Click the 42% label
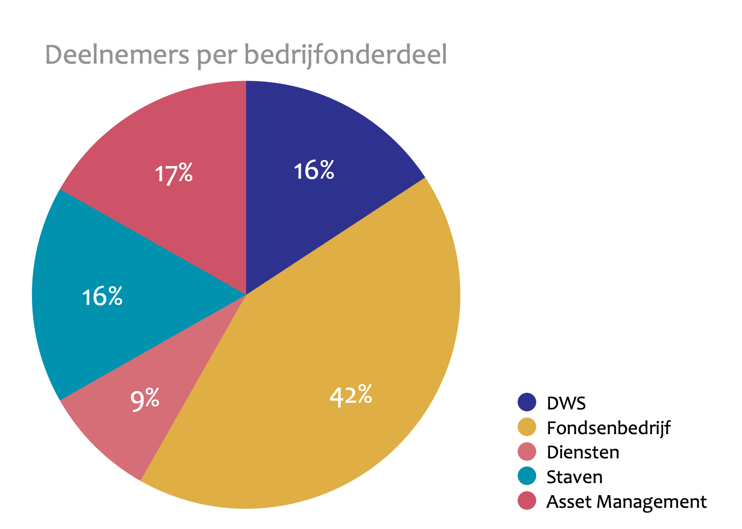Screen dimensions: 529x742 [351, 395]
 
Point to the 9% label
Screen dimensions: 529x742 [145, 400]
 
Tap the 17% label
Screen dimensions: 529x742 [173, 174]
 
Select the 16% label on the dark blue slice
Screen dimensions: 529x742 [314, 171]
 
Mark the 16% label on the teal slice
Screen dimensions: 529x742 [102, 296]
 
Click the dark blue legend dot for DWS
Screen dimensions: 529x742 [527, 402]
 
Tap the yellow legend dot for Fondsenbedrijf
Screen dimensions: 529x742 [527, 427]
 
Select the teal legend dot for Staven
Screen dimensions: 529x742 [527, 477]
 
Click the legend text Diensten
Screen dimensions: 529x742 [583, 452]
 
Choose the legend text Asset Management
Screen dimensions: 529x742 [626, 501]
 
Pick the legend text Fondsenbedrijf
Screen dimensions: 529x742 [609, 428]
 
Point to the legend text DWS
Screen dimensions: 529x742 [566, 403]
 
